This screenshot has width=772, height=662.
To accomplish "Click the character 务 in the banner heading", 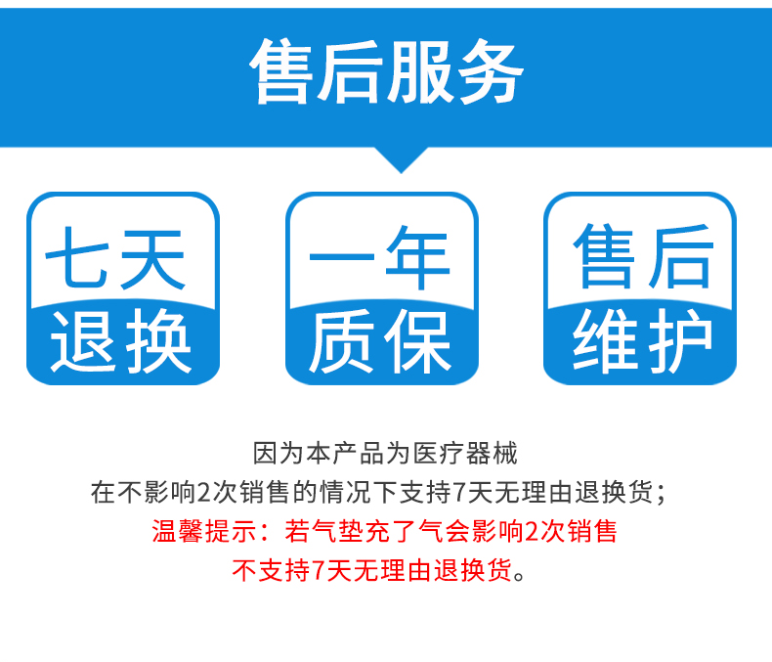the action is coord(490,71).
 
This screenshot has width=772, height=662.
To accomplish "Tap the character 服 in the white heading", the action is coord(420,71).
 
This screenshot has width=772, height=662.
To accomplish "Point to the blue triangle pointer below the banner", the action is coord(401,159).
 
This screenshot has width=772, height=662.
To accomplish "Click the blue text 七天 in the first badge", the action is coord(115,257).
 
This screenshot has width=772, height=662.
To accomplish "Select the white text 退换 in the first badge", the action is coord(120,340).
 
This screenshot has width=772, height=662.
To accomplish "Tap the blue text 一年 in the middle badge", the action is coord(379,257).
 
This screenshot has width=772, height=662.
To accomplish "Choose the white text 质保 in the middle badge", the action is coord(379,340).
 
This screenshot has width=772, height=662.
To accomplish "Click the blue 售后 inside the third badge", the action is coord(644,256).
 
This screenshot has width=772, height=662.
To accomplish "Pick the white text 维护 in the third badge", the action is coord(642,340).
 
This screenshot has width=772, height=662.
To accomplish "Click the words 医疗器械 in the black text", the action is coord(465,453).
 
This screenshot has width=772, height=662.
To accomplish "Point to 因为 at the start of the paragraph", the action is coord(279,453).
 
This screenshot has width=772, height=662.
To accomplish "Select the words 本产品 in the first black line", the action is coord(345,453).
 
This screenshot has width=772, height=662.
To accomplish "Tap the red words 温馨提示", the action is coord(204,532).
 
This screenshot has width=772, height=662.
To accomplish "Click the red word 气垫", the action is coord(325,532).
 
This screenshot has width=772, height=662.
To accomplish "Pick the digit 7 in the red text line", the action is coord(319,571).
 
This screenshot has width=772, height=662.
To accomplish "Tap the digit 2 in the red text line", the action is coord(532,532).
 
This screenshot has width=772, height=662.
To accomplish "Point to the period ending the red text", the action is coord(520,576).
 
